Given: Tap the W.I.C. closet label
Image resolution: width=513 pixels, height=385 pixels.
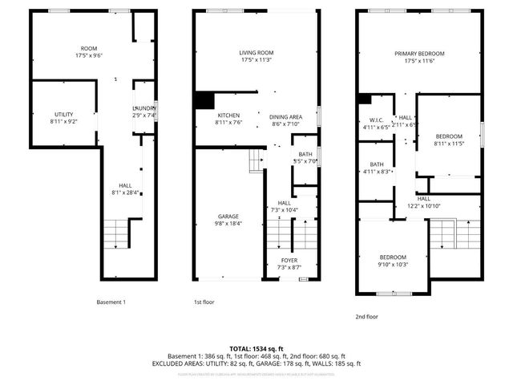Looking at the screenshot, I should (375, 123).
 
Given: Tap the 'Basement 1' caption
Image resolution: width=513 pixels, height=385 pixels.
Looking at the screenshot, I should (111, 302).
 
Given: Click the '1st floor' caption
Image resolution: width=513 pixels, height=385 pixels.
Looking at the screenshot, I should (204, 302).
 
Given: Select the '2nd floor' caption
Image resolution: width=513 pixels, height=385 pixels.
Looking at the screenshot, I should (366, 316).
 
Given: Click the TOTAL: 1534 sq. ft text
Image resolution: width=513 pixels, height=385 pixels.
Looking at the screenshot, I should (256, 348).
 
